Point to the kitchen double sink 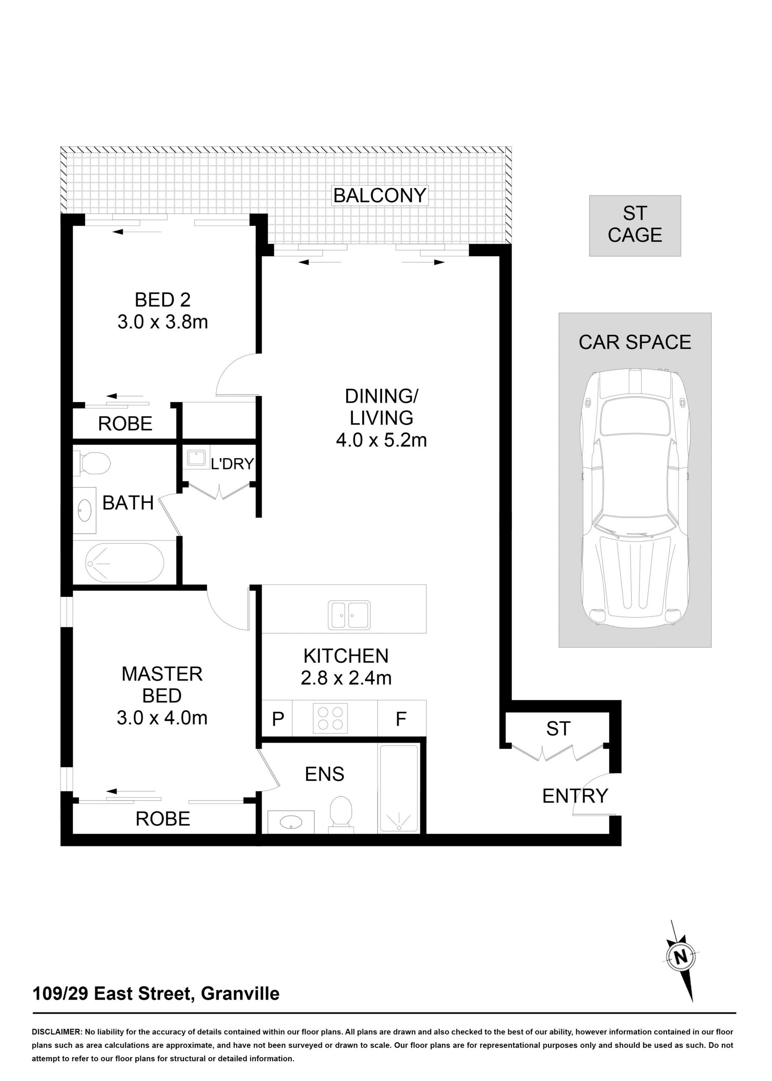coord(349,615)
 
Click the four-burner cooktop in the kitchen coord(331,718)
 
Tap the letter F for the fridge coord(401,719)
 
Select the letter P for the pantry coord(278,719)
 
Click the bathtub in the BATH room coord(125,563)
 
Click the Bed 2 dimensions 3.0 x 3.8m coord(162,322)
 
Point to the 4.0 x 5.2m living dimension coord(381,440)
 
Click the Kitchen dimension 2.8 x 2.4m coord(346,678)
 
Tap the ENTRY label coord(575,795)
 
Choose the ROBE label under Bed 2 coord(125,423)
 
